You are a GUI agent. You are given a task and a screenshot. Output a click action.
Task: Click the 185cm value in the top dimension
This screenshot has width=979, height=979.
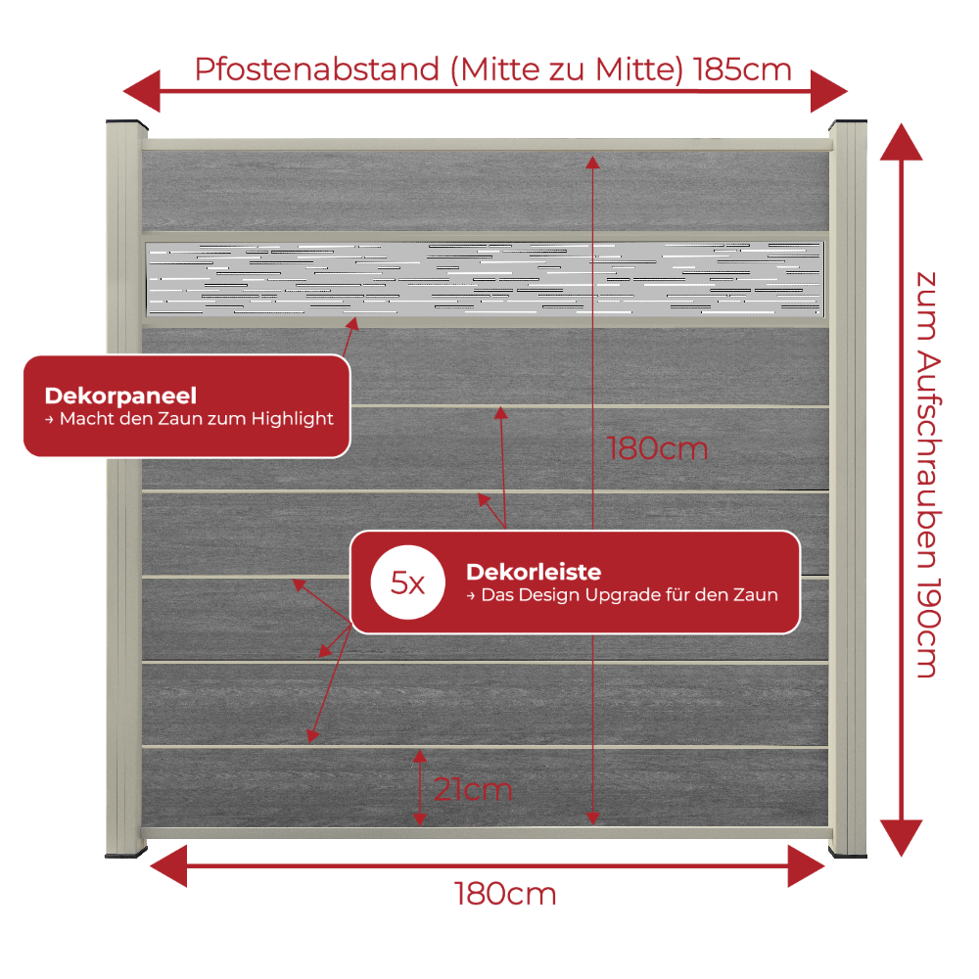pyautogui.click(x=742, y=70)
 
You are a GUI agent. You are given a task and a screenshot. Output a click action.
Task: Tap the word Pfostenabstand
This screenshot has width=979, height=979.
pyautogui.click(x=317, y=70)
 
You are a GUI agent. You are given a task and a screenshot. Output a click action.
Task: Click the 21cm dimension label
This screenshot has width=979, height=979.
pyautogui.click(x=473, y=790)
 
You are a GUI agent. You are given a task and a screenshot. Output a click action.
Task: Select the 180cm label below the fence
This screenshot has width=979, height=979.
pyautogui.click(x=504, y=894)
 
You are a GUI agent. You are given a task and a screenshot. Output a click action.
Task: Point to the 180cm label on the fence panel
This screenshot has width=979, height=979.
pyautogui.click(x=658, y=448)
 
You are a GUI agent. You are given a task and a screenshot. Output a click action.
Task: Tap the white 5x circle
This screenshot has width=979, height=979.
pyautogui.click(x=407, y=583)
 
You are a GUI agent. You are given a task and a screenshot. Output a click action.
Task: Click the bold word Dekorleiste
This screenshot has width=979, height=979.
pyautogui.click(x=534, y=572)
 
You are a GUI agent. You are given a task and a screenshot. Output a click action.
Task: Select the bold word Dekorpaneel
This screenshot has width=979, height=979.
pyautogui.click(x=120, y=396)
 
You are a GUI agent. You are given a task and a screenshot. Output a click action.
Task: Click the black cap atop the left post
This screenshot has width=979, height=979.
pyautogui.click(x=126, y=123)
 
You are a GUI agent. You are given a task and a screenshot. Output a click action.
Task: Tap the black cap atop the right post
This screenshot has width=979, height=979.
pyautogui.click(x=848, y=123)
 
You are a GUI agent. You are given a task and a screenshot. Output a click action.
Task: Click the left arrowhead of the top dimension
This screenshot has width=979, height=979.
pyautogui.click(x=142, y=91)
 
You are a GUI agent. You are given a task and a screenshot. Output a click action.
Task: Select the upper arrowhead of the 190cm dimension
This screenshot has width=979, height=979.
pyautogui.click(x=901, y=142)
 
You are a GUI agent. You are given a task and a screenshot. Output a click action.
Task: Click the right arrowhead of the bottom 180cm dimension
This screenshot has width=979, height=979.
pyautogui.click(x=807, y=866)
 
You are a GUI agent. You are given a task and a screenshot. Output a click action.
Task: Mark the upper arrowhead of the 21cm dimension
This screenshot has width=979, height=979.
pyautogui.click(x=420, y=756)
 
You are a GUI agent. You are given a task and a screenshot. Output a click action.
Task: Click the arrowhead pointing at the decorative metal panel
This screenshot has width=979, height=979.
pyautogui.click(x=353, y=323)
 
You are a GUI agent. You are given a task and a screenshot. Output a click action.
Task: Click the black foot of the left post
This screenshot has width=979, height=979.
pyautogui.click(x=126, y=853)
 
